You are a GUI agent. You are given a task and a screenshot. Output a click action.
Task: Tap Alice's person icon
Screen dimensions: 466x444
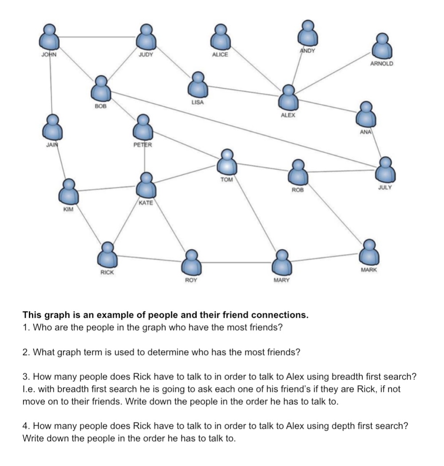coord(220,37)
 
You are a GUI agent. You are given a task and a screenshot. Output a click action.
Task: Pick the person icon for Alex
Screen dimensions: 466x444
coord(289,98)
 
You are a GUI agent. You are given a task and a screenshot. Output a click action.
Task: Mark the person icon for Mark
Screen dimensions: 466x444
coord(369,253)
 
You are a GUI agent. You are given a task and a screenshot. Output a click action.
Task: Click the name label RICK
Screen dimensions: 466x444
coord(107,272)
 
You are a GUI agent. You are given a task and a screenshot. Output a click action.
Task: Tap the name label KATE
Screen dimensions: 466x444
coord(145,203)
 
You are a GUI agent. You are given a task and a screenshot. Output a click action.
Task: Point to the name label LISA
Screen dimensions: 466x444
coord(197,102)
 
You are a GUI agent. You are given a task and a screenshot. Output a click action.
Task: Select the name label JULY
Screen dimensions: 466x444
coord(385,188)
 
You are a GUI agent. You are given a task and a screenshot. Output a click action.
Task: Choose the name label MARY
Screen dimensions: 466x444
coord(281,280)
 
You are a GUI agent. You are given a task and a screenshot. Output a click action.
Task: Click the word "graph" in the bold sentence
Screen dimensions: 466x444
coord(59,315)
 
